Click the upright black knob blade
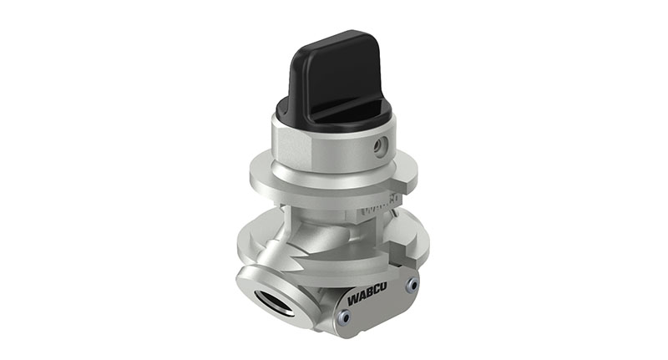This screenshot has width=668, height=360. click(x=334, y=71)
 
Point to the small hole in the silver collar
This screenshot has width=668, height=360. click(x=381, y=146)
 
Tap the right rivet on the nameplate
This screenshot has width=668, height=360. click(x=411, y=285)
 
